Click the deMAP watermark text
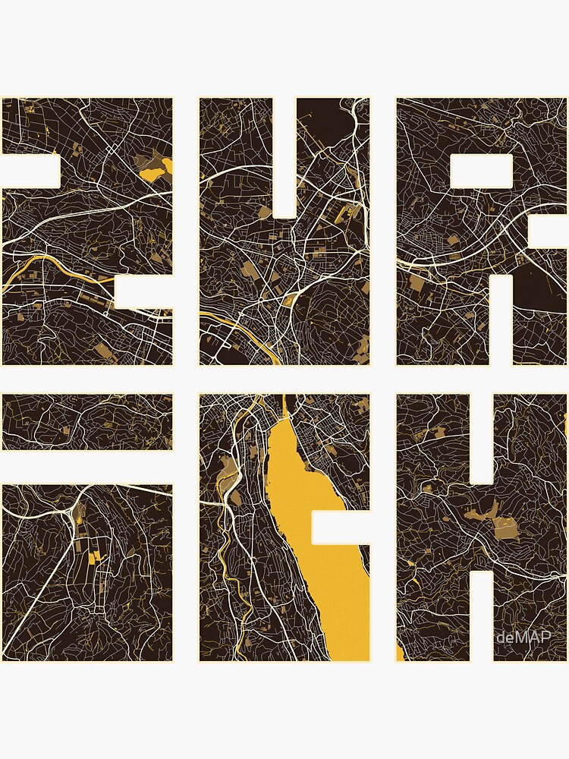click(x=523, y=638)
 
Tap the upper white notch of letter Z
click(x=30, y=171)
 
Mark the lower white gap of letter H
click(x=482, y=615)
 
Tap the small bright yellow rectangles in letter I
click(x=94, y=558)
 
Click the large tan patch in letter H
click(x=497, y=524)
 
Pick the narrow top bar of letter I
click(x=86, y=422)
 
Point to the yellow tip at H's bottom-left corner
click(x=400, y=653)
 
